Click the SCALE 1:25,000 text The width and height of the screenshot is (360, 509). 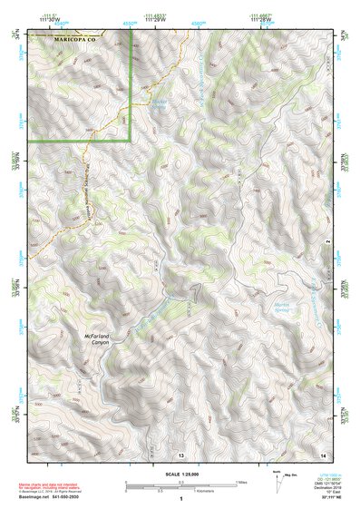[x=180, y=472]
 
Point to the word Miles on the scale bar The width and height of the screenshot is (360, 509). [x=241, y=481]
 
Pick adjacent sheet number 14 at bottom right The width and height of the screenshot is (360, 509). [x=322, y=453]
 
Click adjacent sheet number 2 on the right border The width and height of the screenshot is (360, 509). [x=328, y=243]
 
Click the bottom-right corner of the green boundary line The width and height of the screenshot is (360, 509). [x=130, y=141]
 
